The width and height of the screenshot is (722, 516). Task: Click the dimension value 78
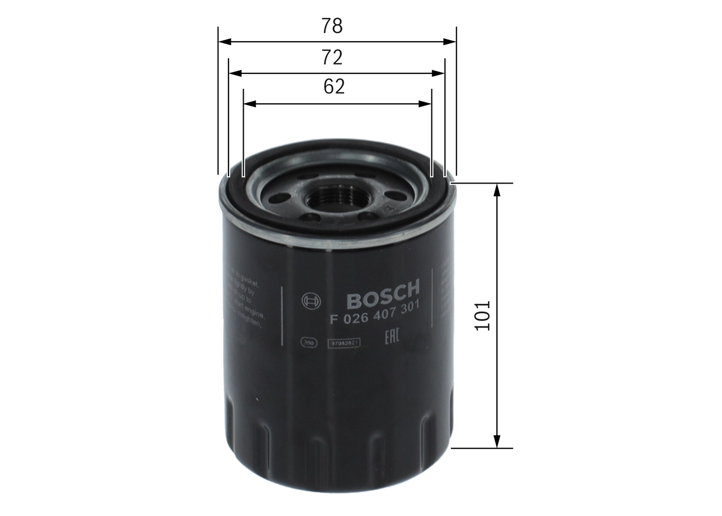pos(332,26)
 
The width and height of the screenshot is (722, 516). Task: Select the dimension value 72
pos(332,58)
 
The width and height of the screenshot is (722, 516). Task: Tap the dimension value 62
pos(334,86)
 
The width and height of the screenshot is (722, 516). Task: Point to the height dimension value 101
pos(483,315)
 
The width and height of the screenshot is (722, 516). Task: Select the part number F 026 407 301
pos(373,317)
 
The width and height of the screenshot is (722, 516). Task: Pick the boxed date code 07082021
pos(344,342)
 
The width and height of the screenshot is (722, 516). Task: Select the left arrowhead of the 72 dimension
pos(235,73)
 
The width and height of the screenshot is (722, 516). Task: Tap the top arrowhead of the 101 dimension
pos(497,190)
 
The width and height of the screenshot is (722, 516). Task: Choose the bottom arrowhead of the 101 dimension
pos(497,442)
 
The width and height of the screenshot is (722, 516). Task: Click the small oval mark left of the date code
pos(309,342)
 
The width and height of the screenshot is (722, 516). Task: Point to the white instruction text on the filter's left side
pos(244,299)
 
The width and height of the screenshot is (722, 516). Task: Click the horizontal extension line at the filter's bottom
pos(483,448)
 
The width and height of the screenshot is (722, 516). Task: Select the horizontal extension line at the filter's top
pos(483,183)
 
